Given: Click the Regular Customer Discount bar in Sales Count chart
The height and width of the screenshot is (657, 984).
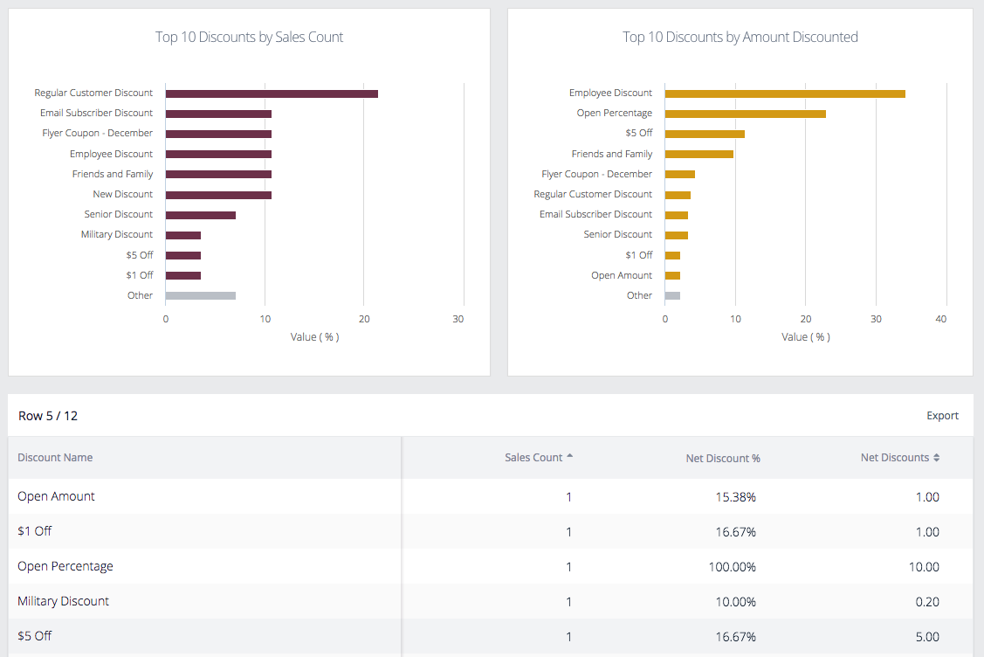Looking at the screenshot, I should pyautogui.click(x=271, y=93).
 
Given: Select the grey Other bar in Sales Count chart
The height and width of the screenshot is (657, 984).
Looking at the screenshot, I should pyautogui.click(x=200, y=295).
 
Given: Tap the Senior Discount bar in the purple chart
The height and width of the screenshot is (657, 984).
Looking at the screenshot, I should pyautogui.click(x=200, y=215).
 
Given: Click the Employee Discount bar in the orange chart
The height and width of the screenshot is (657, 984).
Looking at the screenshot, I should pyautogui.click(x=784, y=93).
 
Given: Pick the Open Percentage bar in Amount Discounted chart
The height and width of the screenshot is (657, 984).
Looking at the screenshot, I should pyautogui.click(x=745, y=114).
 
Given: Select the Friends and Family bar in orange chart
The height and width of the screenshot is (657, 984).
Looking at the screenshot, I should pyautogui.click(x=698, y=154).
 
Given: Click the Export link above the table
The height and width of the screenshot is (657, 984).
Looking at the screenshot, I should pyautogui.click(x=942, y=416).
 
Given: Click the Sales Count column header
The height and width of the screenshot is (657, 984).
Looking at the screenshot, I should pyautogui.click(x=533, y=458).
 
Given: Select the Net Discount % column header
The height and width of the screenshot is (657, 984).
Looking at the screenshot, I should pyautogui.click(x=722, y=459).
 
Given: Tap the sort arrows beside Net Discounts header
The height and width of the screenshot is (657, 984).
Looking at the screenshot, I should pyautogui.click(x=937, y=458).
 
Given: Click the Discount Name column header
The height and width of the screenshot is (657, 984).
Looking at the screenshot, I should pyautogui.click(x=55, y=458).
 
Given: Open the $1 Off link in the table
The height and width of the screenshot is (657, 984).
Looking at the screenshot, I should pyautogui.click(x=35, y=531).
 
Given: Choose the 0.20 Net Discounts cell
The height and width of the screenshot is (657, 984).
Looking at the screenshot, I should pyautogui.click(x=926, y=602).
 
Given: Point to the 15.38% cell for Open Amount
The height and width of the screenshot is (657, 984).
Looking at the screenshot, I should pyautogui.click(x=736, y=497).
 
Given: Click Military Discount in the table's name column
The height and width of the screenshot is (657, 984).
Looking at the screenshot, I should pyautogui.click(x=63, y=601).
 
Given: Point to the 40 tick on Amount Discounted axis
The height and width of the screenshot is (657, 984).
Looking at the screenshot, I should pyautogui.click(x=940, y=320).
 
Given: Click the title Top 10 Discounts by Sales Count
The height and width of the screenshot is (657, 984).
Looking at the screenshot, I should pyautogui.click(x=249, y=37).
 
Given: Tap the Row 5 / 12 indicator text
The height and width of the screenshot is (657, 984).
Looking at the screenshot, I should pyautogui.click(x=48, y=416).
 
